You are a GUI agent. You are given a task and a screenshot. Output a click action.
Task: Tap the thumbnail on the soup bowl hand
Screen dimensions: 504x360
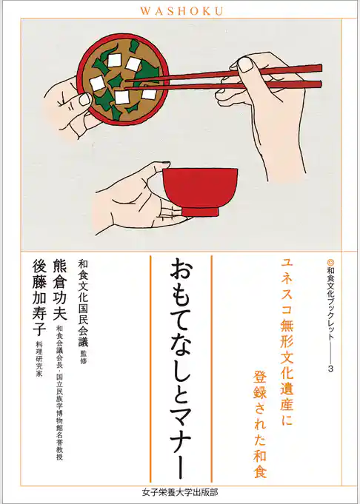pyautogui.click(x=84, y=98)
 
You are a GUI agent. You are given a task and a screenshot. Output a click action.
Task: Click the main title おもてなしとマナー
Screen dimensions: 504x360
pyautogui.click(x=181, y=363)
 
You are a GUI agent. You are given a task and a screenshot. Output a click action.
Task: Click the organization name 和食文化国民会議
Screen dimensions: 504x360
pyautogui.click(x=83, y=302)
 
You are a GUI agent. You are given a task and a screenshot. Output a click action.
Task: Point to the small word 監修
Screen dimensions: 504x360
pyautogui.click(x=83, y=358)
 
